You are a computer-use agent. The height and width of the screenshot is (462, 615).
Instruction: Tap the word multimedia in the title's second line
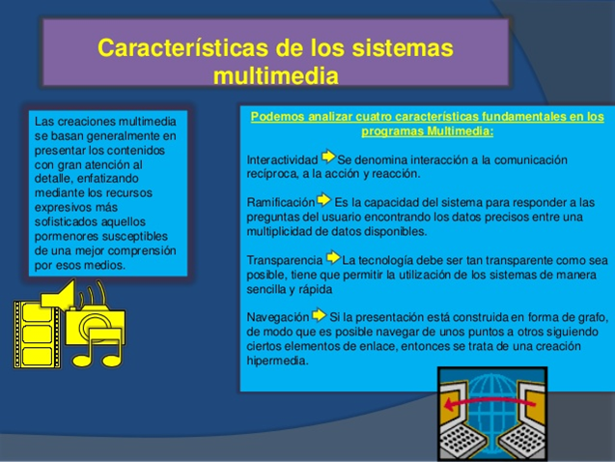click(x=276, y=74)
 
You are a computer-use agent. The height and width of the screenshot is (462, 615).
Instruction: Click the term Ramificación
click(x=281, y=202)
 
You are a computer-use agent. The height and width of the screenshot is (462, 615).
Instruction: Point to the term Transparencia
click(x=285, y=260)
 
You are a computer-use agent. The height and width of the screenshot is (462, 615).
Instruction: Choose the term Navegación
click(x=277, y=317)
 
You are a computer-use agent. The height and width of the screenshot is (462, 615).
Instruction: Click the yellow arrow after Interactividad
click(x=328, y=157)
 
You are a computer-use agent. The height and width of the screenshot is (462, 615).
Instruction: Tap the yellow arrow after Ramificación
click(x=323, y=199)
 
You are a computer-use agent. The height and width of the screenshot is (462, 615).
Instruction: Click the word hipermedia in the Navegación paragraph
click(x=277, y=361)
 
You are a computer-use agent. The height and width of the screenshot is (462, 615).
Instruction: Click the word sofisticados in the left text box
click(x=70, y=221)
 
